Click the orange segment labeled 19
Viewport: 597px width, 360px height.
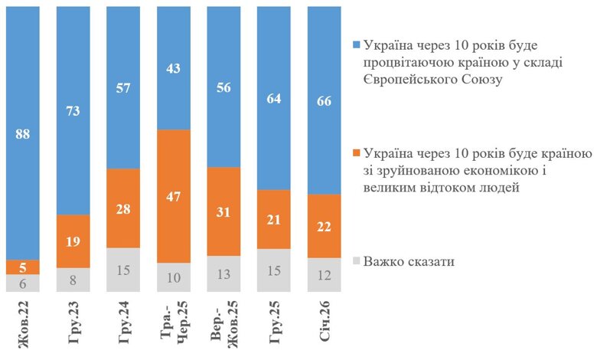(74, 241)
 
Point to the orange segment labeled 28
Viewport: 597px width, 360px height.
(125, 208)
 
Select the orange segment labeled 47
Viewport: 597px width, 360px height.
(175, 196)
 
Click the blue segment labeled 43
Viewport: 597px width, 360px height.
(175, 67)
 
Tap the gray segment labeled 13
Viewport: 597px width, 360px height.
(225, 273)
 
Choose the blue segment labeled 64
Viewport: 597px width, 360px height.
(275, 98)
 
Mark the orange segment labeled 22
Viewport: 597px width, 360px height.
(325, 226)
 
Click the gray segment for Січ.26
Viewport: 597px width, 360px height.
(325, 274)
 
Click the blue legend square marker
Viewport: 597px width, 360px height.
(354, 43)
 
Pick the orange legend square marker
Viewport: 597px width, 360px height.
(354, 152)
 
